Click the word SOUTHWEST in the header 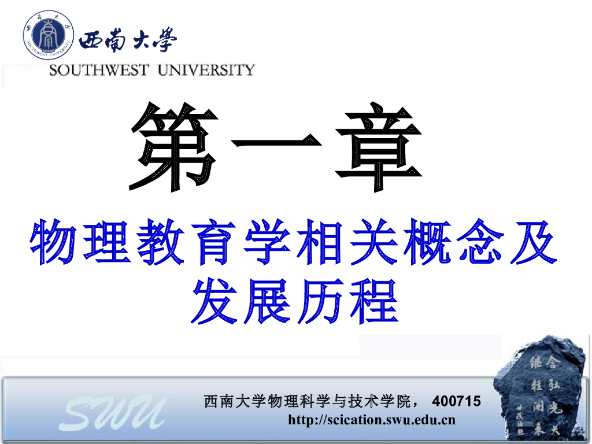coord(99,70)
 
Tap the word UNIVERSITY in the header coord(206,70)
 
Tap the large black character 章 coord(379,147)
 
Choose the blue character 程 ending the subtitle coord(375,301)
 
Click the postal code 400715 coord(457,401)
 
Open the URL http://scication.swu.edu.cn coord(372,420)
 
